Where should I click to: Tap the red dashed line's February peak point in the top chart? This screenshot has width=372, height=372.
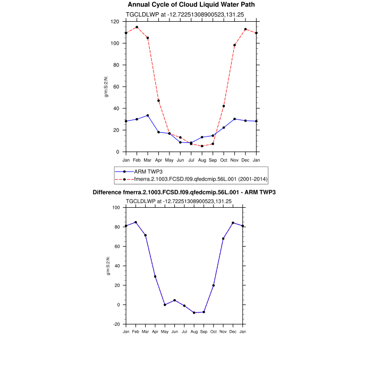[x=137, y=27]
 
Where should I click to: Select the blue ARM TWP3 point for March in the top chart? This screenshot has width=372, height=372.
[x=148, y=115]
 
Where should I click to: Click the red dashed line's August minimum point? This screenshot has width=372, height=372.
[x=202, y=146]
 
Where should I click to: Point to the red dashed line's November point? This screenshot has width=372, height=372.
[x=234, y=45]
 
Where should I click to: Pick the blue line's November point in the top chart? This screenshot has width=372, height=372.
[x=234, y=119]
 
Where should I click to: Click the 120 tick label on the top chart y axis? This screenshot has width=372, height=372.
[x=115, y=22]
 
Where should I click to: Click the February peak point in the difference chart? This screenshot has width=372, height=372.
[x=136, y=222]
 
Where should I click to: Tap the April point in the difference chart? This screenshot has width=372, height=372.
[x=155, y=276]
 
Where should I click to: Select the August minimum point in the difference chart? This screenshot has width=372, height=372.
[x=194, y=312]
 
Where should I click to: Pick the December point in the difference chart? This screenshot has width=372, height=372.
[x=233, y=223]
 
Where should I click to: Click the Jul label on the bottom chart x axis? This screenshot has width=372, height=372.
[x=184, y=332]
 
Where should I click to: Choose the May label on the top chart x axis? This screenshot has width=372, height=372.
[x=169, y=159]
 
